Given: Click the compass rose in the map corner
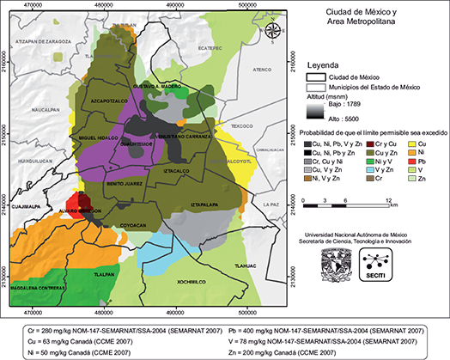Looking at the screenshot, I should [x=272, y=33].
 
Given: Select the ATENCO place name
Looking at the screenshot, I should [x=262, y=69].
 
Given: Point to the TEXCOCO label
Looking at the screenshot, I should [x=241, y=126].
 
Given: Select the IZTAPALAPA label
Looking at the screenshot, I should [x=207, y=204].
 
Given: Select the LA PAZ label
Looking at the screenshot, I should [x=271, y=204].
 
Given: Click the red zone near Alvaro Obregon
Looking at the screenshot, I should [x=81, y=204].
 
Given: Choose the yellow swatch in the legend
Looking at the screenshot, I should [x=412, y=143].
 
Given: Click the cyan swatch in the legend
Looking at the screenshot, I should [x=369, y=169].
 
